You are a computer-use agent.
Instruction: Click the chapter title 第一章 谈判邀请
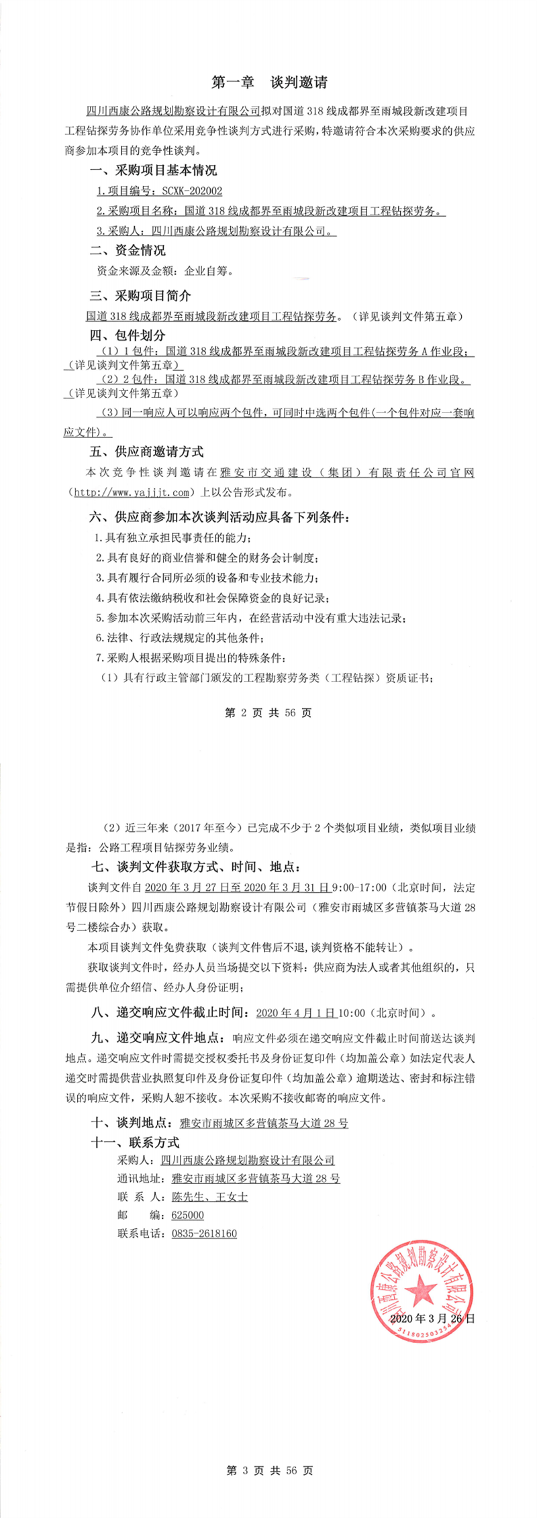click(x=269, y=83)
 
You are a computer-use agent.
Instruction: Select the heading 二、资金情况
click(x=128, y=250)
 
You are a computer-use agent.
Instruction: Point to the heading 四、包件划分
click(x=128, y=335)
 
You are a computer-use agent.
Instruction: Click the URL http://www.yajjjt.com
click(x=132, y=492)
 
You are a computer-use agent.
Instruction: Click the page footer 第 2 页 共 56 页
click(x=268, y=712)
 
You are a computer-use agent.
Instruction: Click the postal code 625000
click(x=187, y=1215)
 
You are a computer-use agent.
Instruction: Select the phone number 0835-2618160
click(x=204, y=1233)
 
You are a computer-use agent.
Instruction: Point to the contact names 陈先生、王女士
click(x=209, y=1196)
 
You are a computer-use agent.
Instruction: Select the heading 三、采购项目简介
click(x=140, y=295)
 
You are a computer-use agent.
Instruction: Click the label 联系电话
click(x=140, y=1233)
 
